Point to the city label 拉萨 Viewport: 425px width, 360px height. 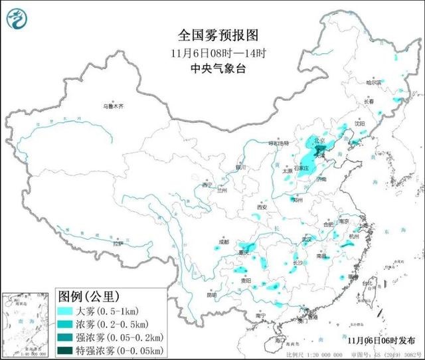(118, 244)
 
